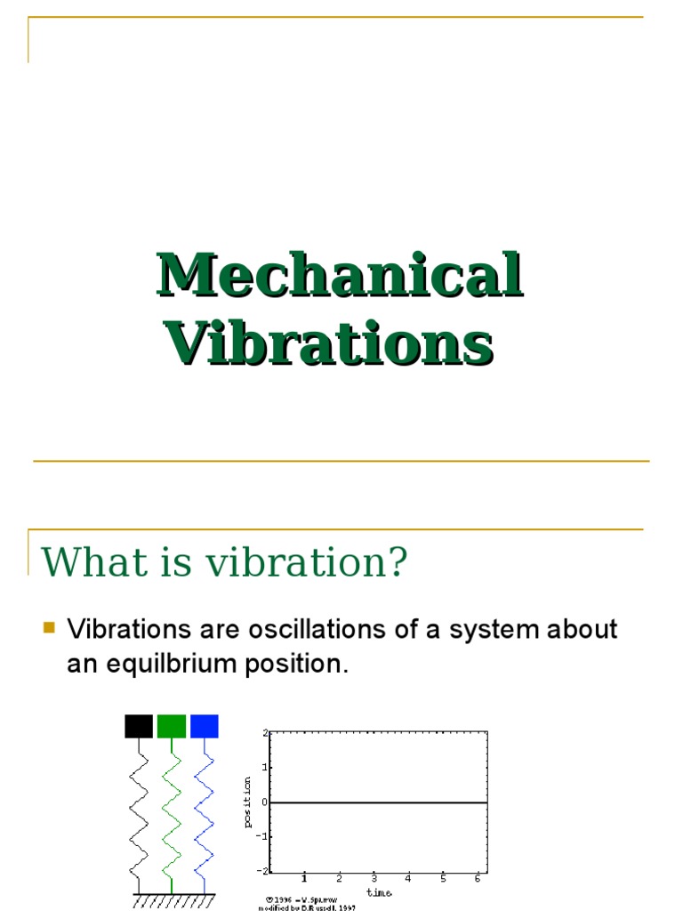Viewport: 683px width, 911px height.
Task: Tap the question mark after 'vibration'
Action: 397,562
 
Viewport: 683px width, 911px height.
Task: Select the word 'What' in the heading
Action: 79,562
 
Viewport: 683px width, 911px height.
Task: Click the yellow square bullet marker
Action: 50,629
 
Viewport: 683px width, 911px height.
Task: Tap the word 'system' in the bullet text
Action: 472,630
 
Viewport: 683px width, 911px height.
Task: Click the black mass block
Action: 139,726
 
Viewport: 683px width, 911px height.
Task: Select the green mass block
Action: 172,726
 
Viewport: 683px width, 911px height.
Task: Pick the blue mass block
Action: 205,726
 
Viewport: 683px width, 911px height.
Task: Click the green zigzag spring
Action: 172,814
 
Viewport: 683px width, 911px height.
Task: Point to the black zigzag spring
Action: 139,814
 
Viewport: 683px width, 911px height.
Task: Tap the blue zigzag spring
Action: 205,814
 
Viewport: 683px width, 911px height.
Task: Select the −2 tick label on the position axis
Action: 262,870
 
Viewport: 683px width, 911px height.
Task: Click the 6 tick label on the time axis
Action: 478,879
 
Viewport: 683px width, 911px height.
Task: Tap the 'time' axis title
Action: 378,891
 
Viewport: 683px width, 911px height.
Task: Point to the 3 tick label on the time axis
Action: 374,879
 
